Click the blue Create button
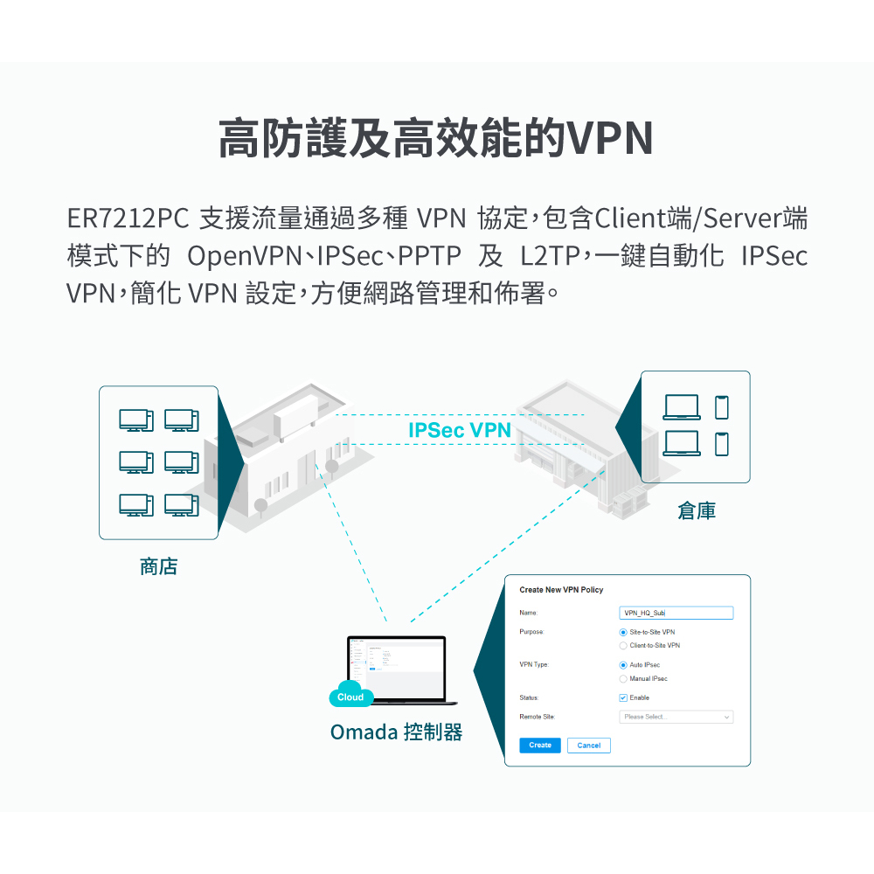point(539,746)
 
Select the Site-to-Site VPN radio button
point(623,632)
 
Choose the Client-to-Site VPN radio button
point(623,645)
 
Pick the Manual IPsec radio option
point(623,678)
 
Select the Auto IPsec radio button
point(623,665)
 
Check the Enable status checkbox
point(623,697)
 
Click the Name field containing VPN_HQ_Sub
point(676,613)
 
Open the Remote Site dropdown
point(676,717)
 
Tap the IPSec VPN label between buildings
point(459,430)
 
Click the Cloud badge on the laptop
point(350,697)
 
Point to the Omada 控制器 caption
point(396,732)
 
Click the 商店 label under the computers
point(158,567)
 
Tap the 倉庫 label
point(697,511)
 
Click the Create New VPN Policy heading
point(561,590)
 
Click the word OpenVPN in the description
point(242,256)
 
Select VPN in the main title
point(611,139)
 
